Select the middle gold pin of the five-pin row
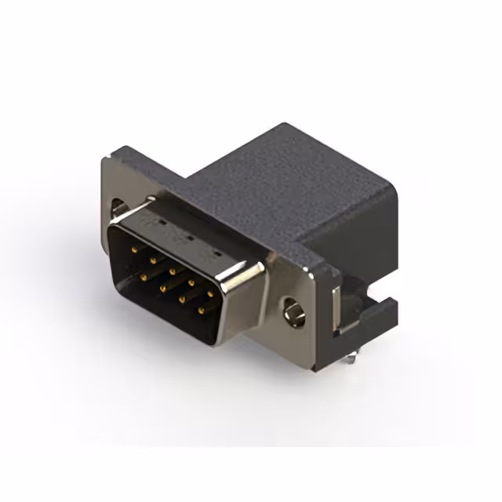(172, 267)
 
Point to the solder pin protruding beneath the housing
(351, 359)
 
